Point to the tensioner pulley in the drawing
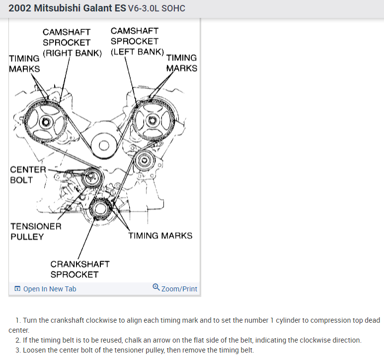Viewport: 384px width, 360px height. click(91, 178)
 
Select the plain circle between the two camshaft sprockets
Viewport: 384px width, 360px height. click(103, 145)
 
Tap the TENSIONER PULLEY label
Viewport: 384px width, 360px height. click(36, 231)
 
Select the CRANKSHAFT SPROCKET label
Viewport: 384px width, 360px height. click(79, 269)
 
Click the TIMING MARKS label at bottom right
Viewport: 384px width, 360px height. click(160, 236)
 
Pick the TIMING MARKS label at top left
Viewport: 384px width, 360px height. click(24, 63)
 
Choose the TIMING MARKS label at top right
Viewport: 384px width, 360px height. click(181, 63)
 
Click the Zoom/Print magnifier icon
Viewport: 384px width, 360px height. click(156, 288)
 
